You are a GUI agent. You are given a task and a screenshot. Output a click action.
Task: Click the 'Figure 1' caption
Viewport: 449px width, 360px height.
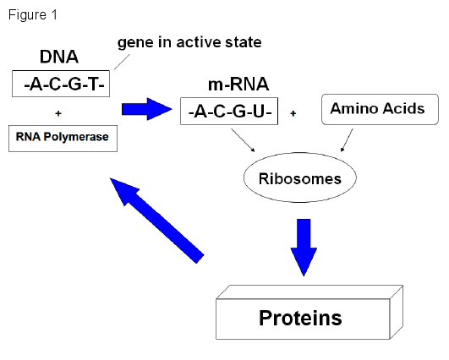pos(33,15)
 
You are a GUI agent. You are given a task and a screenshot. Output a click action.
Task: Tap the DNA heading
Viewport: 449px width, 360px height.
pos(59,57)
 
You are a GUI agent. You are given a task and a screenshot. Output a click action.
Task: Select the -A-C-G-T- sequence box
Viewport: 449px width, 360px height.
pos(61,84)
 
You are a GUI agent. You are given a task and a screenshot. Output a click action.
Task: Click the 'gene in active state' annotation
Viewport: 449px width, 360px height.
pos(189,43)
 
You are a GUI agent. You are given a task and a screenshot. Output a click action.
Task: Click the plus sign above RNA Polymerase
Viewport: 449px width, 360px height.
pos(58,113)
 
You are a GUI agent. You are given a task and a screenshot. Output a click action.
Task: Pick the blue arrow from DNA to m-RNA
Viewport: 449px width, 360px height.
pos(147,109)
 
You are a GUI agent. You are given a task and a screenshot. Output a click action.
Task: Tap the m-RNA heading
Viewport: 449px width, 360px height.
pos(238,85)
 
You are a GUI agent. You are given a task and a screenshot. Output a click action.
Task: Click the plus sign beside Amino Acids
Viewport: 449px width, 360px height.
pos(293,113)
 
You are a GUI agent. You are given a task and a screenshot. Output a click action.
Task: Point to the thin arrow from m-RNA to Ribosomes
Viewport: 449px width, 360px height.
pos(244,140)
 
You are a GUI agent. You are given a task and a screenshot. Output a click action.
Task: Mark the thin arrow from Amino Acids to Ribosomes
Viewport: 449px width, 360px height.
pos(347,140)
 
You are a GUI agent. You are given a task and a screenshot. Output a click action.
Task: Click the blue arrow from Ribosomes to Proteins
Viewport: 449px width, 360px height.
pos(304,248)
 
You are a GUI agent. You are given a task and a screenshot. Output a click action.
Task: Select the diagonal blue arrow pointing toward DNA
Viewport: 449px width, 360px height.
pos(157,221)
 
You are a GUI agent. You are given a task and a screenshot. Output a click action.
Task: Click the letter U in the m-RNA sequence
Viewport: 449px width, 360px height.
pos(259,112)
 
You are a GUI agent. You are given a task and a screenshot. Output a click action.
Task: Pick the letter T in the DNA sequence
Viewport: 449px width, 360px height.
pos(92,85)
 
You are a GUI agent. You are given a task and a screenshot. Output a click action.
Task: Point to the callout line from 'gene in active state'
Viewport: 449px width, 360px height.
pos(122,62)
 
